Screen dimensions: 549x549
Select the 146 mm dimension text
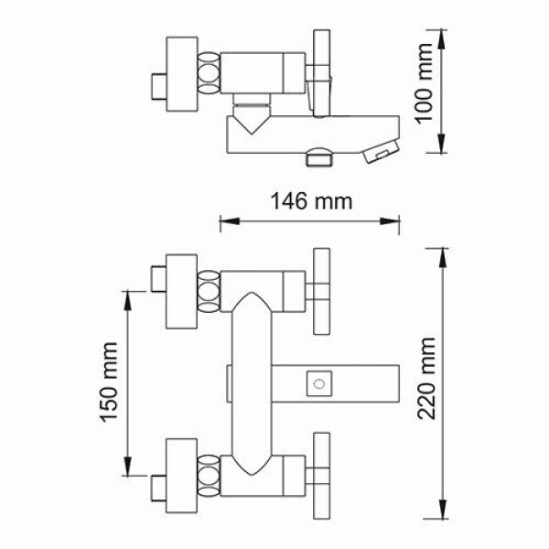point(308,200)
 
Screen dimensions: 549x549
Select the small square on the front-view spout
point(318,380)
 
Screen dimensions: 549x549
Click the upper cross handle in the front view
point(322,292)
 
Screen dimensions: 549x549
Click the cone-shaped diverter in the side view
point(252,116)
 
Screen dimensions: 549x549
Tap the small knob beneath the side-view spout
point(319,157)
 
